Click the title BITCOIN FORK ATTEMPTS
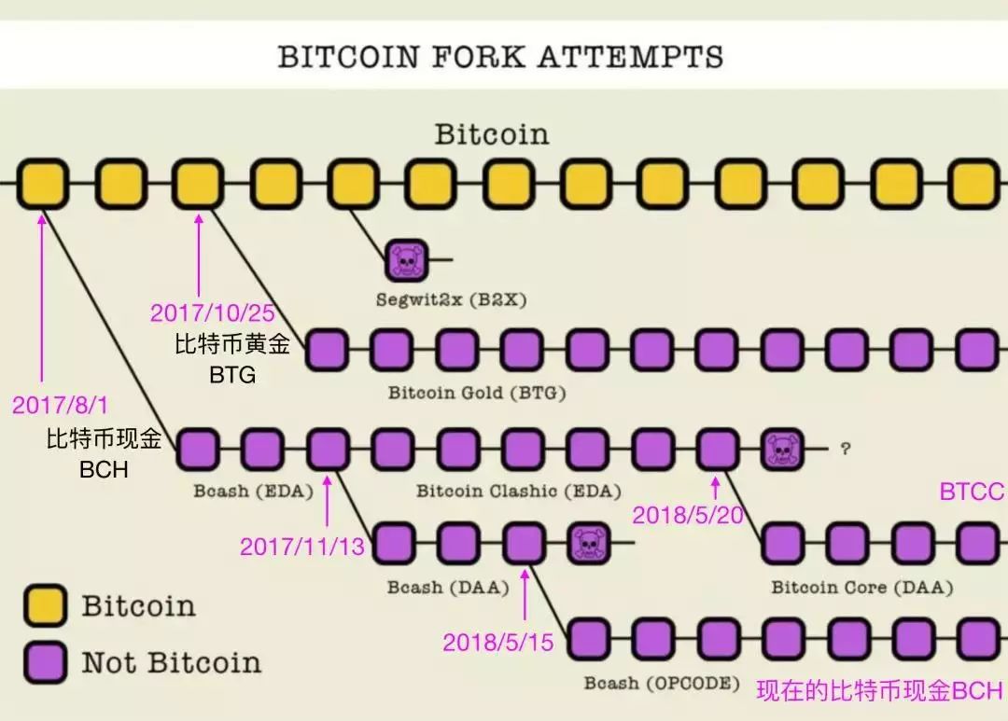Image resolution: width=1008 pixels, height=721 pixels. click(x=500, y=57)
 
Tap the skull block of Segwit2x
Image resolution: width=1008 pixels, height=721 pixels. click(x=406, y=260)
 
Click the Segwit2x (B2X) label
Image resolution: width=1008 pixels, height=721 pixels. click(x=452, y=299)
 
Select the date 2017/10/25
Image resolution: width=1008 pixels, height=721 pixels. click(x=212, y=313)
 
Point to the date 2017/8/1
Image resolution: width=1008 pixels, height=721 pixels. click(x=61, y=405)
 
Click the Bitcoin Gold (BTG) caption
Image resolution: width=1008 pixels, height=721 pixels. click(x=477, y=393)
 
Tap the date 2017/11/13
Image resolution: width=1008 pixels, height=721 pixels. click(x=302, y=547)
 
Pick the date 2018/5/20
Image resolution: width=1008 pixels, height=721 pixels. click(x=688, y=516)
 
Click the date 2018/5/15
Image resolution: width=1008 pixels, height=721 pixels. click(x=498, y=643)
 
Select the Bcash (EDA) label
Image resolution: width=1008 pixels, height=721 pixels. click(x=253, y=492)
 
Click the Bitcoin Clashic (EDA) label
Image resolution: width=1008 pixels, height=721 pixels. click(x=519, y=492)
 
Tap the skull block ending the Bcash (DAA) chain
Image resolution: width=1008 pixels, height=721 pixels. click(x=589, y=543)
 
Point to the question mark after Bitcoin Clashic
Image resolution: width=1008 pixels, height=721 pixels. click(x=846, y=449)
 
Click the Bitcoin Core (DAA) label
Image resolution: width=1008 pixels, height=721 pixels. click(x=862, y=588)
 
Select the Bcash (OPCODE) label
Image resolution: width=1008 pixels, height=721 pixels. click(x=662, y=683)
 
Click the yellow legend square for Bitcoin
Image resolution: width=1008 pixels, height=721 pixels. click(x=45, y=605)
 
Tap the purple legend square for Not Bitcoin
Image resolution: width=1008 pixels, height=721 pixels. click(x=45, y=662)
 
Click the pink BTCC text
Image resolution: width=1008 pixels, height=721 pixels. click(x=973, y=492)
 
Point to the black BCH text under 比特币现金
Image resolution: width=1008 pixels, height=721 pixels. click(x=104, y=470)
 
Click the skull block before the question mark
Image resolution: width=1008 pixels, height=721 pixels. click(x=782, y=450)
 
